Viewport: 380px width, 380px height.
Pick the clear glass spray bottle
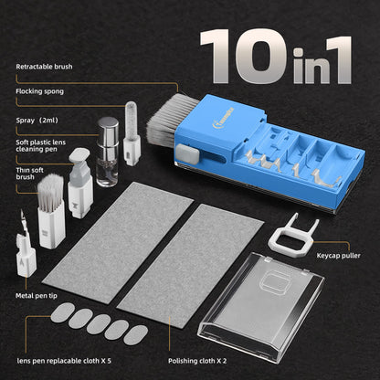tap(109, 157)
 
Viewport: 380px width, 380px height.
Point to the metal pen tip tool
tap(21, 241)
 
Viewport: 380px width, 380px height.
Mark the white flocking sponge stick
tap(131, 135)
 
